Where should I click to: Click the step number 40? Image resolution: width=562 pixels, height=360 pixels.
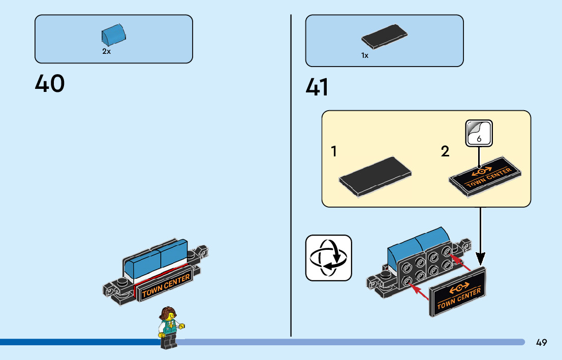tap(50, 83)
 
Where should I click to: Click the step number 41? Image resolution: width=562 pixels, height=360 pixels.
tap(317, 88)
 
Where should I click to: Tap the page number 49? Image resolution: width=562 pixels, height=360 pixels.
tap(541, 343)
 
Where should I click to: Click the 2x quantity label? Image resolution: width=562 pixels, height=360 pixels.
tap(106, 52)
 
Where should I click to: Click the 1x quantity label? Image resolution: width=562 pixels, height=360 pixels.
tap(365, 56)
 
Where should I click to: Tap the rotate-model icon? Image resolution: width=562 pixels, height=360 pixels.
tap(328, 258)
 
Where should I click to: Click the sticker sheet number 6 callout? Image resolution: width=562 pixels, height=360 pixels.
tap(479, 134)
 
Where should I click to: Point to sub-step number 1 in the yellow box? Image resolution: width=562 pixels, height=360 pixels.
tap(334, 151)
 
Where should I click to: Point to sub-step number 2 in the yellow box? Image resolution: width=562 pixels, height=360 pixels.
tap(445, 151)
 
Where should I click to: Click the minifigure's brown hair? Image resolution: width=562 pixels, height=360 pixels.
tap(167, 313)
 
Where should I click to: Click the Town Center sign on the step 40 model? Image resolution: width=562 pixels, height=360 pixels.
tap(166, 286)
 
